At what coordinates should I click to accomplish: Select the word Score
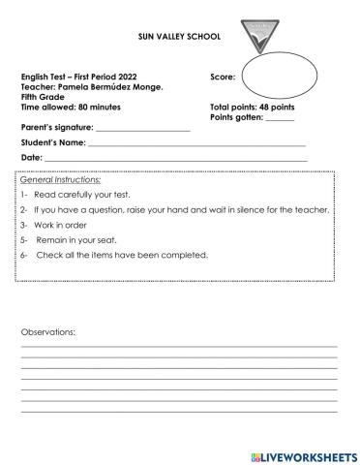tap(223, 76)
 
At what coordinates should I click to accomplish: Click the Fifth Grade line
tap(41, 95)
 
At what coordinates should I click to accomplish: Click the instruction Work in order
tap(57, 225)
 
